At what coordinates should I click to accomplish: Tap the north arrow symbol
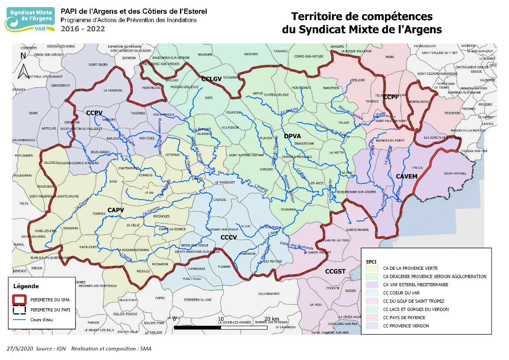click(23, 67)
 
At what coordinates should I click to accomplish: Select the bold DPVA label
click(292, 136)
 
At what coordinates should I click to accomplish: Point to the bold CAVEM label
click(407, 176)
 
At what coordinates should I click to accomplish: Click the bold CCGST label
click(335, 271)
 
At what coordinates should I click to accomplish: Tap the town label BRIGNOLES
click(162, 216)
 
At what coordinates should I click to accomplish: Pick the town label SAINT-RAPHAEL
click(455, 173)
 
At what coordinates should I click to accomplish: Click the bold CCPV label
click(95, 113)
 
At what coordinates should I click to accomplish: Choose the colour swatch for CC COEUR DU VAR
click(371, 293)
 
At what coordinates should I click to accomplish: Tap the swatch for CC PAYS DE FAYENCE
click(371, 317)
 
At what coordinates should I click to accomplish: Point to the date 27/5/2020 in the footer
click(20, 349)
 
